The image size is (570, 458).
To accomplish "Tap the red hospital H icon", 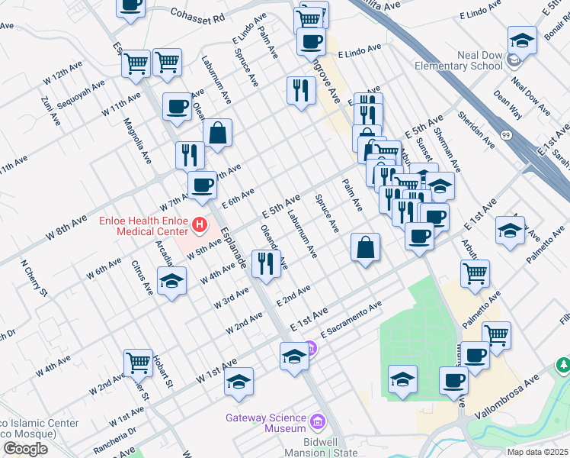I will click(200, 224).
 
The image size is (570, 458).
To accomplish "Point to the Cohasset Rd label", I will click(198, 15).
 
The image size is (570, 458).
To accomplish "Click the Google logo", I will click(25, 448).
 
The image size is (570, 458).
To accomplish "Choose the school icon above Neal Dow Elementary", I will click(522, 40).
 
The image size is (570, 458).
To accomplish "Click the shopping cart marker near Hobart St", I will click(138, 363).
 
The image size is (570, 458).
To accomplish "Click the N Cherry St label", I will click(34, 281).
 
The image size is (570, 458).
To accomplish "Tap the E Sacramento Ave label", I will click(351, 321).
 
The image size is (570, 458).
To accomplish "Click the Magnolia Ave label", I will click(138, 146).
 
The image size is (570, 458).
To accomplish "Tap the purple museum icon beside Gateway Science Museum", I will click(318, 419).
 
